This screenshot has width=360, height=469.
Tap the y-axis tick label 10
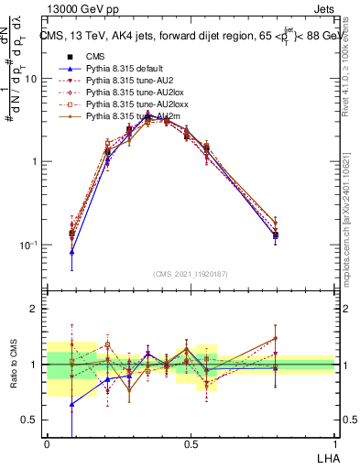pyautogui.click(x=30, y=79)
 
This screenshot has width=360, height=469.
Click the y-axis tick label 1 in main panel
pyautogui.click(x=34, y=162)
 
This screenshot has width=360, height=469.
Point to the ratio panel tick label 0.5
pyautogui.click(x=29, y=420)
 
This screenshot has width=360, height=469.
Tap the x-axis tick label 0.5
pyautogui.click(x=191, y=443)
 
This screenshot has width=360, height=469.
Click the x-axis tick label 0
pyautogui.click(x=47, y=443)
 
